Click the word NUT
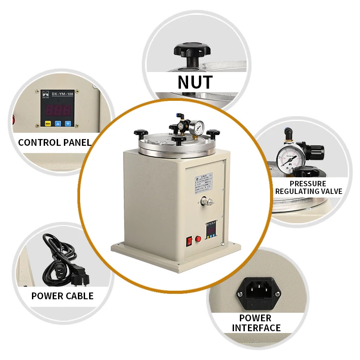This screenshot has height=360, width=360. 195,82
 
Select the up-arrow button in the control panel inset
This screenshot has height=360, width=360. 58,123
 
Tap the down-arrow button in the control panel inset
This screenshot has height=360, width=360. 68,123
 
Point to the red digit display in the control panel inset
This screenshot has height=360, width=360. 57,110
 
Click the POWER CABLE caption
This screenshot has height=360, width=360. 62,296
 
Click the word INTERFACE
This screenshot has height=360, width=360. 256,328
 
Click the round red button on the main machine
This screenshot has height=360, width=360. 198,239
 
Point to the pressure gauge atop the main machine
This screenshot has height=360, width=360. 197,128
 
